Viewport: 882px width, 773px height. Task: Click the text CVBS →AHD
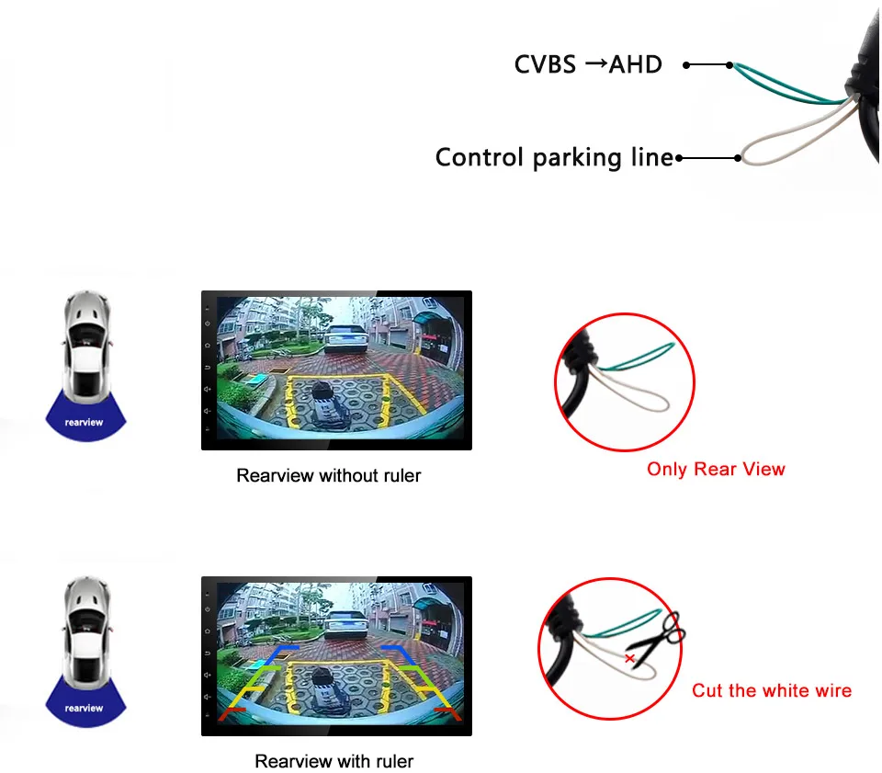point(588,64)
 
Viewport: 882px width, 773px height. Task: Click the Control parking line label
point(554,157)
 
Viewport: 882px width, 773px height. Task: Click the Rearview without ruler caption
point(328,475)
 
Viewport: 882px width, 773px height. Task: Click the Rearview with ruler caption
point(334,761)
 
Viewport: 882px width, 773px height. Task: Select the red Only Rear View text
point(716,469)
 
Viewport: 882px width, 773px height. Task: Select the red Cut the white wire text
point(772,690)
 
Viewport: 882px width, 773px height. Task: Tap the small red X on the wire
point(629,659)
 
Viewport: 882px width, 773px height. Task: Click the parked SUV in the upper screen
point(348,338)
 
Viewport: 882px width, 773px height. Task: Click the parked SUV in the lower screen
point(348,625)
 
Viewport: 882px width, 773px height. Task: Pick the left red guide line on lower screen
point(232,710)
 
